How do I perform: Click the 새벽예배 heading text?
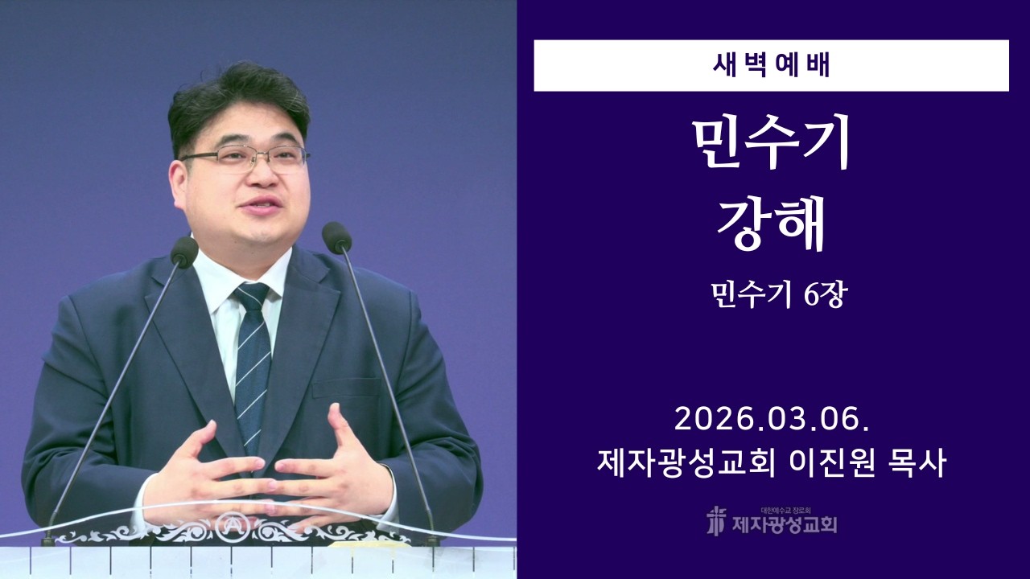[771, 65]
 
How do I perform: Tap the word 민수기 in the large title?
[771, 144]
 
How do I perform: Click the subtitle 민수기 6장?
[771, 296]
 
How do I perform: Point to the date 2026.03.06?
[771, 419]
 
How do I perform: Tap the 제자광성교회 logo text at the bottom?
[784, 525]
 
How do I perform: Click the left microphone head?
[184, 253]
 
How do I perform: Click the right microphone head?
[336, 237]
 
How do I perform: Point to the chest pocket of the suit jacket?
[346, 386]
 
